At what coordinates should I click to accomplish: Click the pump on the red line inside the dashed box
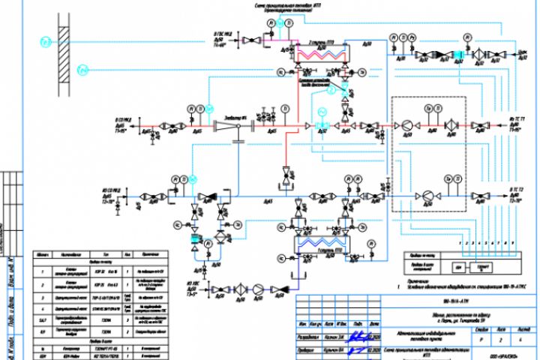pos(406,126)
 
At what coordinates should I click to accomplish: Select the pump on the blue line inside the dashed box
pos(425,195)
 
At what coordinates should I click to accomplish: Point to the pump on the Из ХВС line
pos(257,288)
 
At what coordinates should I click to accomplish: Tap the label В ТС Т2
pos(518,190)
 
